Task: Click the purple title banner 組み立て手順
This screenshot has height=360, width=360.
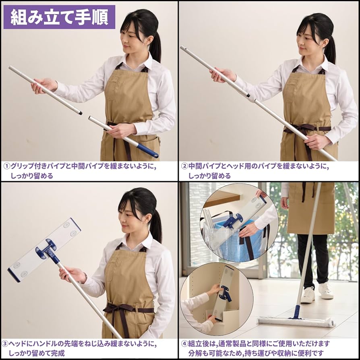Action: tap(59, 17)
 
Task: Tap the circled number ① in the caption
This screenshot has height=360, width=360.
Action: tap(7, 166)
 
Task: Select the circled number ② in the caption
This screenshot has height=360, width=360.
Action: tap(184, 166)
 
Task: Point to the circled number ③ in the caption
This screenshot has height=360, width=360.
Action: tap(5, 344)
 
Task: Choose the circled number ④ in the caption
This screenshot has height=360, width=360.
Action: tap(184, 344)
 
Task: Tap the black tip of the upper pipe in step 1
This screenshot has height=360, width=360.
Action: tap(81, 113)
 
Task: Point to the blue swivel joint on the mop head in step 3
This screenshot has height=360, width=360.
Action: tap(48, 250)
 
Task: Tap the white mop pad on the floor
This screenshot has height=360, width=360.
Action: tap(296, 321)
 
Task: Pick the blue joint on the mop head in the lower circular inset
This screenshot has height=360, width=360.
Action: tap(226, 293)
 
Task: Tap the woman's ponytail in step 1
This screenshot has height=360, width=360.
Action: tap(156, 46)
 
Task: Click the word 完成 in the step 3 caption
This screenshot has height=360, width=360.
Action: tap(58, 353)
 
